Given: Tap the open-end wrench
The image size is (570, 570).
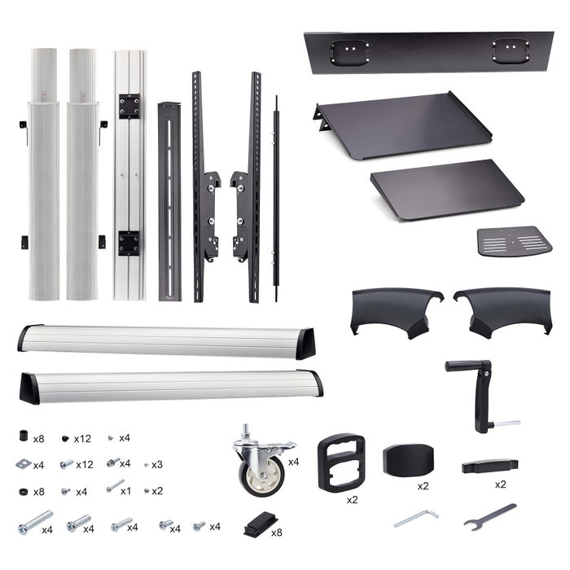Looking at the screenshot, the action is point(489,516).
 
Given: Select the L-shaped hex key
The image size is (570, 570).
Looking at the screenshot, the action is point(418,518).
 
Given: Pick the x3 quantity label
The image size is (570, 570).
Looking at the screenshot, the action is point(157,465).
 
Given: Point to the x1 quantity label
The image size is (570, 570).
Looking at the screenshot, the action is point(125,491).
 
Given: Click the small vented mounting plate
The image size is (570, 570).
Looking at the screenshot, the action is point(515,241).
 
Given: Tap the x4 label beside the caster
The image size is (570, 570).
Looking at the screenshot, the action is point(293,462).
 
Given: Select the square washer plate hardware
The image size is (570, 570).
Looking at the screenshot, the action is point(24,464).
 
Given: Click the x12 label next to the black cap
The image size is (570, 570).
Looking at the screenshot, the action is point(82,439).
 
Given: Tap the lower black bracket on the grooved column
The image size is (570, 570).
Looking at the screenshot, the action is point(129,243).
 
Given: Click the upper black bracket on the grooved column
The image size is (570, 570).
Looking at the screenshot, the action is point(129,106).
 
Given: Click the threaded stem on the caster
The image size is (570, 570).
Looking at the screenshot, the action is point(246,431).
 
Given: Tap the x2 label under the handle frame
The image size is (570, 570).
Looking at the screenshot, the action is point(352,500).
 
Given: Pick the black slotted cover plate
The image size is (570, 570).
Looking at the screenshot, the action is point(169,202).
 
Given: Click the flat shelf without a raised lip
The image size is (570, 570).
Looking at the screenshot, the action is point(447,189).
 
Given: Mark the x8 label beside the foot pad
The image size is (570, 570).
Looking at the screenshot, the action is point(277,533).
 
